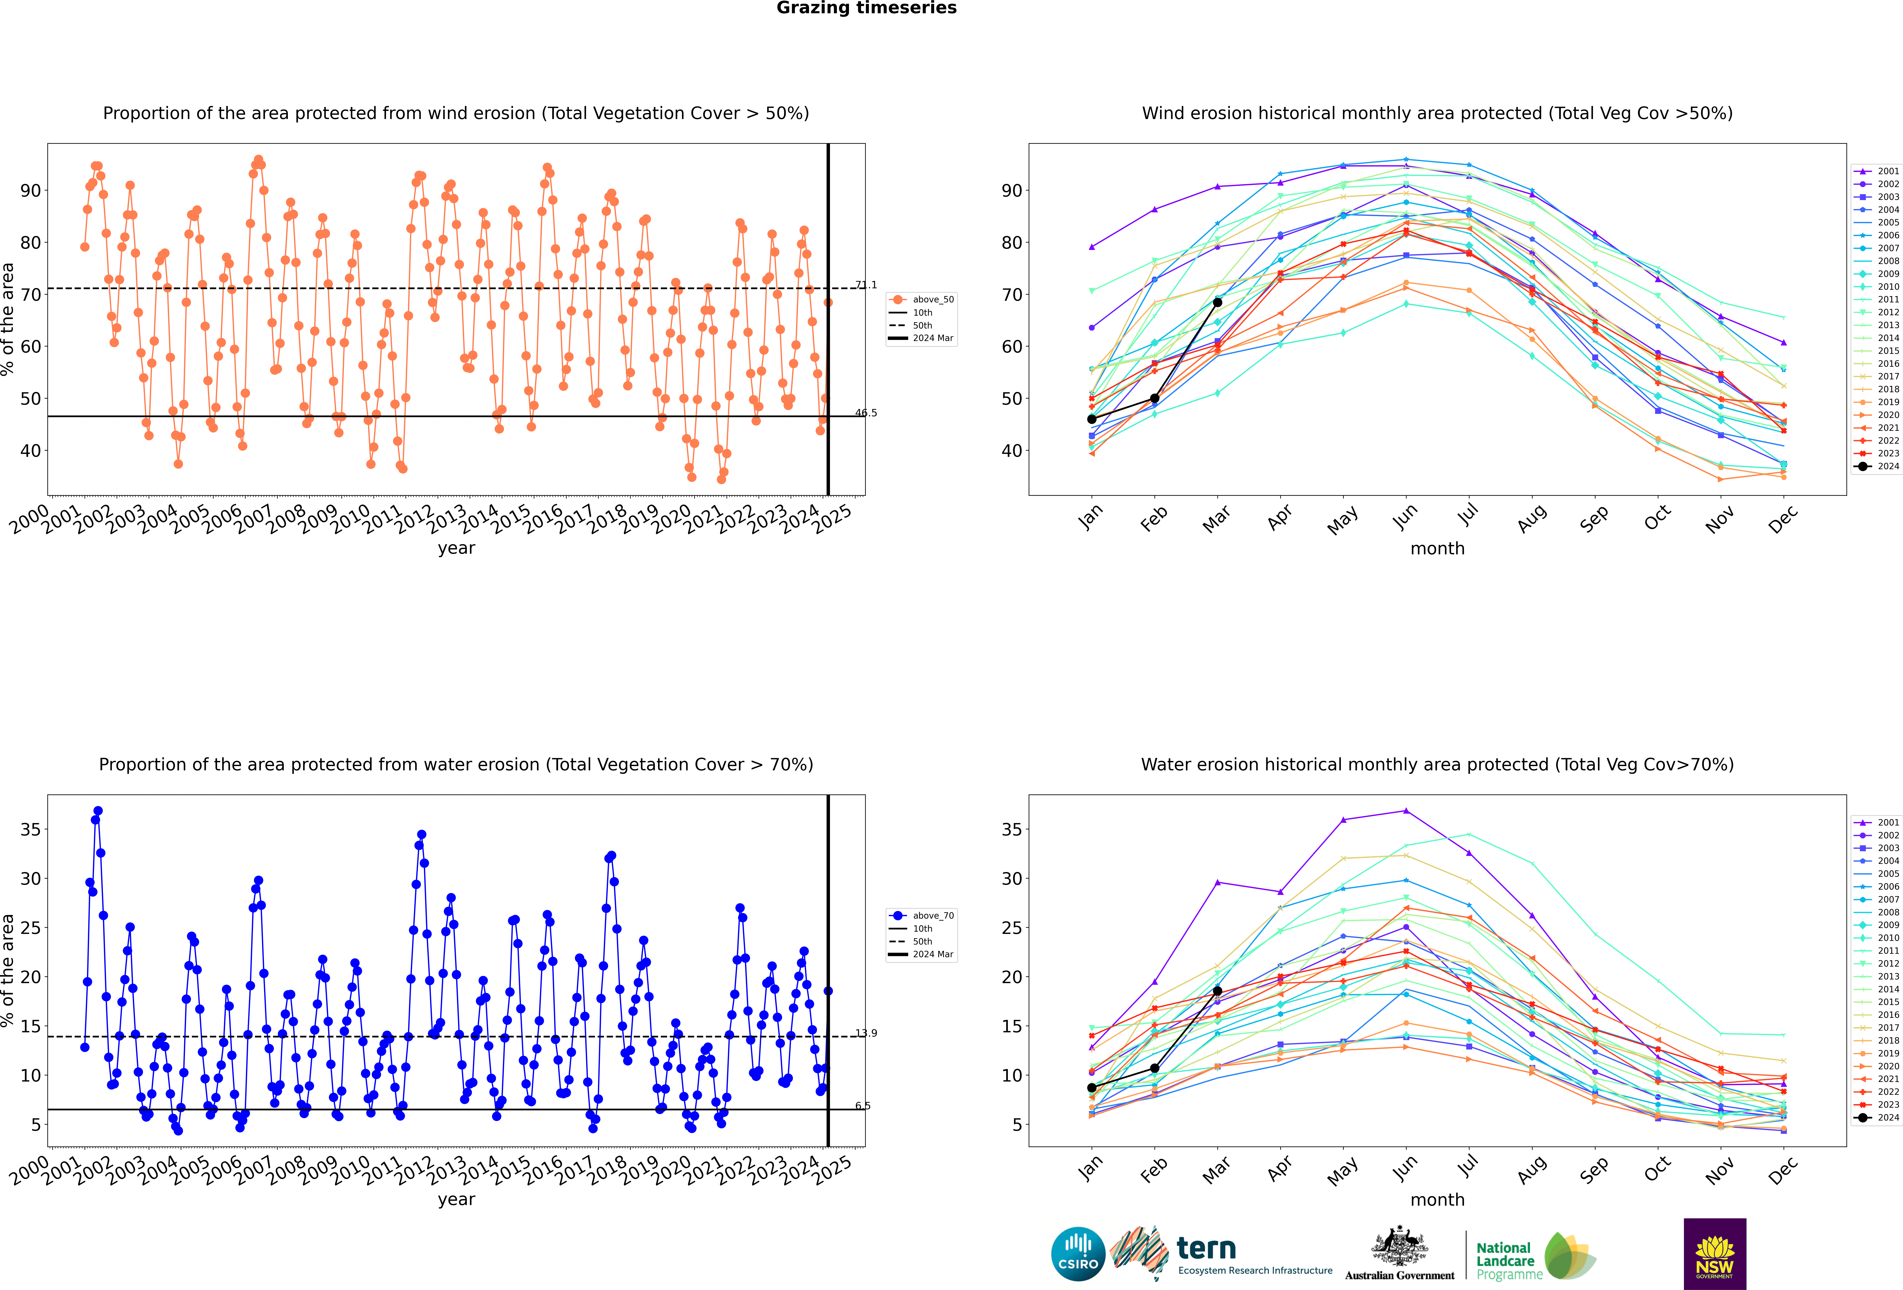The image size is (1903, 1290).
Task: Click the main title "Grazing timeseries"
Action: coord(866,8)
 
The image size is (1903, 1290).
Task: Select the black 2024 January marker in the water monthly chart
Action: coord(1092,1088)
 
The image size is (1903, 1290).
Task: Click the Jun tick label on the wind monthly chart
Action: coord(1405,517)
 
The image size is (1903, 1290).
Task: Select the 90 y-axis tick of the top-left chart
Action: coord(30,191)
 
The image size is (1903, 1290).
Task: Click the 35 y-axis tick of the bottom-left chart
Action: coord(30,830)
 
